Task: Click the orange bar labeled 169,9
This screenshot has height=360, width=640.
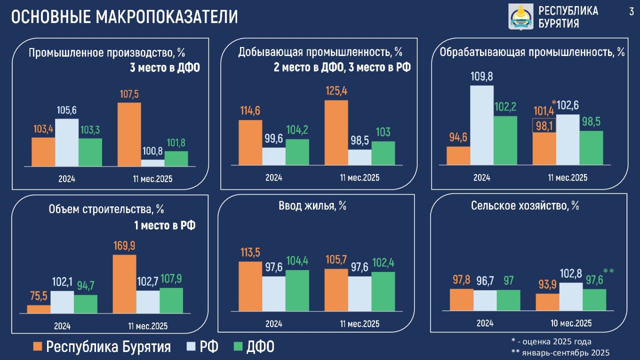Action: point(124,284)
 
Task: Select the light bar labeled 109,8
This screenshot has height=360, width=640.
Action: point(481,125)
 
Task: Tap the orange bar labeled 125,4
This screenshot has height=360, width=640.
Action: point(336,132)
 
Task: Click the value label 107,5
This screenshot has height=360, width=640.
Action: point(129,94)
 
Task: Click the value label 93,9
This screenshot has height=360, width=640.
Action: point(547,284)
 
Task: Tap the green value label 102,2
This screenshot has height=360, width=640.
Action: point(505,106)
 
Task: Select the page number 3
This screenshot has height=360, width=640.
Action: point(631,11)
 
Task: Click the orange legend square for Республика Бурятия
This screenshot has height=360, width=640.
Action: point(37,346)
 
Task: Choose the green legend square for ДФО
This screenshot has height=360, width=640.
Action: point(238,346)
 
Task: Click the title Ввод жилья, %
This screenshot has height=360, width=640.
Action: point(313,206)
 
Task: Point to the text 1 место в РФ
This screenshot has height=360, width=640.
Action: point(164,225)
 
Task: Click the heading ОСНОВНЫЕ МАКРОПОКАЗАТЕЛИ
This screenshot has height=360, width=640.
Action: point(124,17)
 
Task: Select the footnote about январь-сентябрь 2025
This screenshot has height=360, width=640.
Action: point(561,353)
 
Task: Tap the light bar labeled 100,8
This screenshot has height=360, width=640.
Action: point(152,162)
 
